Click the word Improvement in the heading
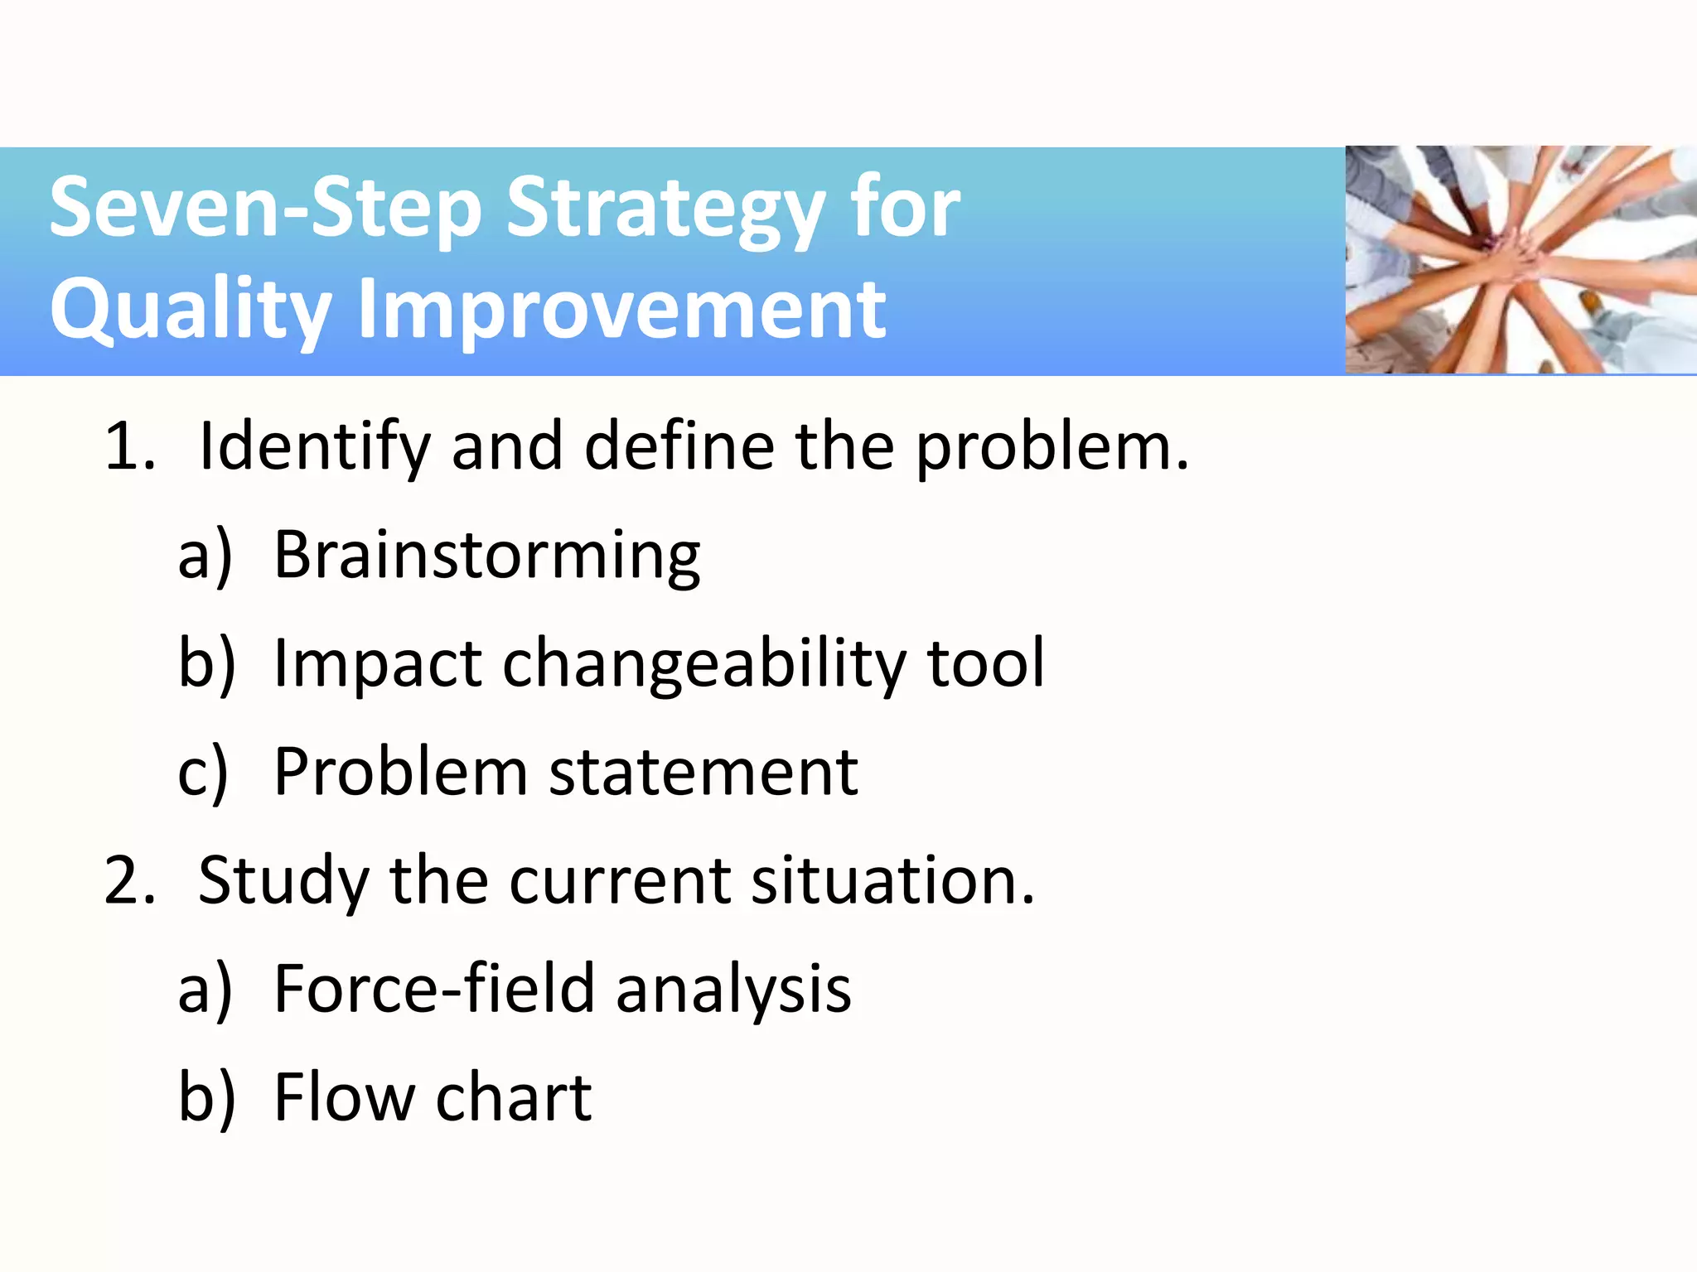621,309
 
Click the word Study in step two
283,882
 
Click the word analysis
733,990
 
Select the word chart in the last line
514,1097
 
